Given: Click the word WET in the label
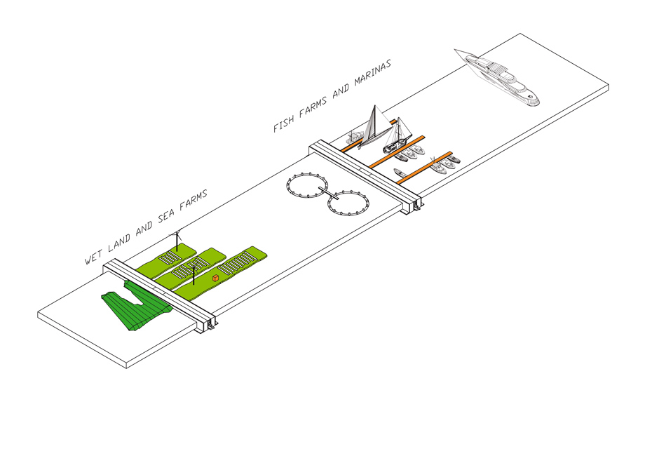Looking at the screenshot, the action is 93,256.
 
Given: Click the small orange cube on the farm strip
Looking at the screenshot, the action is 215,279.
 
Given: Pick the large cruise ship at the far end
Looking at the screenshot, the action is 497,77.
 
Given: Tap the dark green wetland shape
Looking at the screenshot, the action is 137,304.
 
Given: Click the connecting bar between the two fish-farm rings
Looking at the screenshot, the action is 328,193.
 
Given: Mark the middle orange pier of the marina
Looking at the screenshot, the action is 397,152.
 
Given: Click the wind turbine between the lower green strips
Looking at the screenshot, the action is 193,275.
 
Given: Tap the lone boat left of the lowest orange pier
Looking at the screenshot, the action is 400,173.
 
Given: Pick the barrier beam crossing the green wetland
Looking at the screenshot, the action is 160,296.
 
